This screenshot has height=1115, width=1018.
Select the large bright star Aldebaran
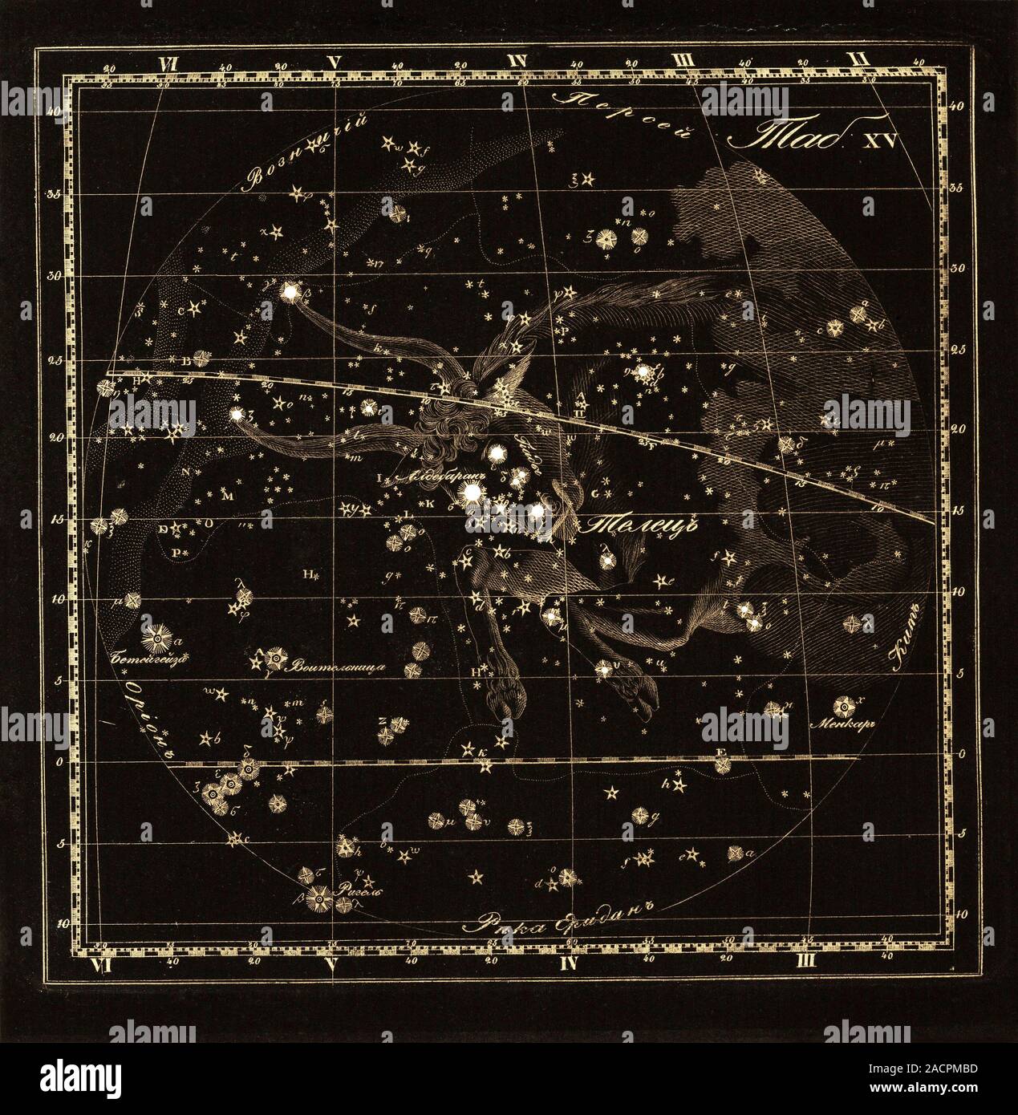472,491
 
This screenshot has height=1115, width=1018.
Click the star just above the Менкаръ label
845,706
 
